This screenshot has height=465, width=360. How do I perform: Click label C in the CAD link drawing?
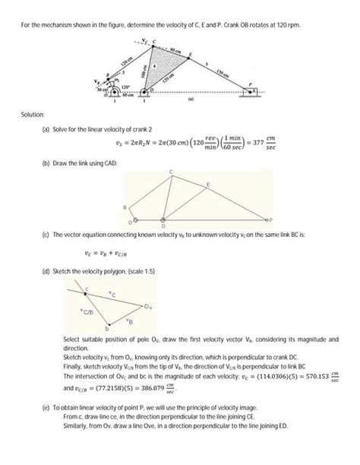click(172, 168)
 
